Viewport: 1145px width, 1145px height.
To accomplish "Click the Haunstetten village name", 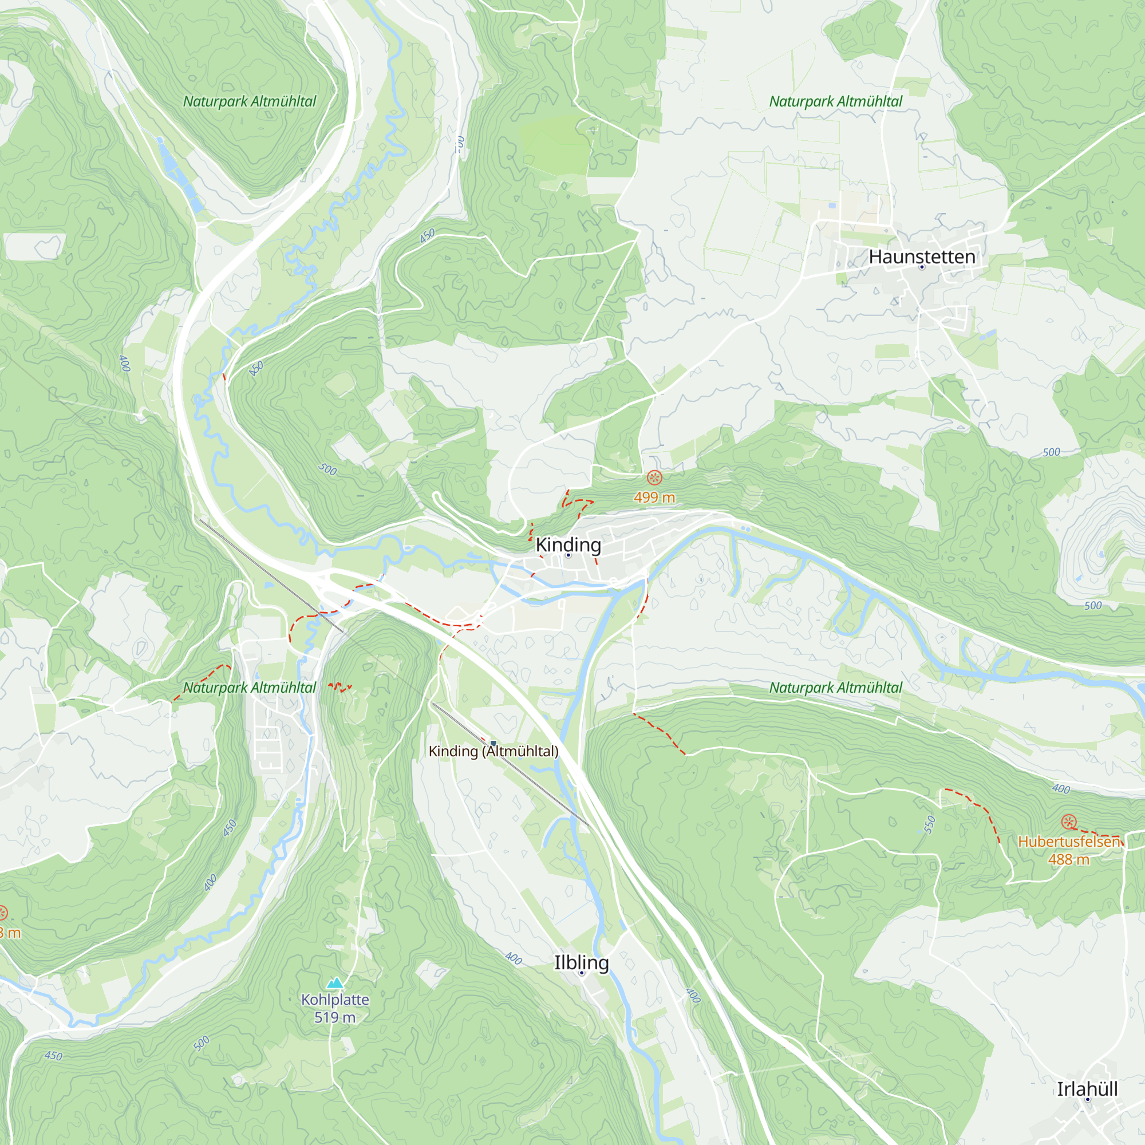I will pyautogui.click(x=922, y=256).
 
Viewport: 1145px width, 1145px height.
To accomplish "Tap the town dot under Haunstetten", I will pyautogui.click(x=922, y=267).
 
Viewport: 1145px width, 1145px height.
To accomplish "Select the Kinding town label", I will pyautogui.click(x=568, y=544).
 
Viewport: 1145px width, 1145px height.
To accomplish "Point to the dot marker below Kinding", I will pyautogui.click(x=568, y=555).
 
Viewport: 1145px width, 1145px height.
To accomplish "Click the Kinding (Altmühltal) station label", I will pyautogui.click(x=493, y=752).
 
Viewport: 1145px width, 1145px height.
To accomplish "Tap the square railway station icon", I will pyautogui.click(x=493, y=743).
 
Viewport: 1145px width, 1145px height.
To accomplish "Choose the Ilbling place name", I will pyautogui.click(x=582, y=962).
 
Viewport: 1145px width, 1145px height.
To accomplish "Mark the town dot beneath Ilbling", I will pyautogui.click(x=582, y=973).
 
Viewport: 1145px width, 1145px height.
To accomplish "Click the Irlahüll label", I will pyautogui.click(x=1087, y=1089).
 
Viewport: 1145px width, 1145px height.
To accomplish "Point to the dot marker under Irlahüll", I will pyautogui.click(x=1088, y=1099).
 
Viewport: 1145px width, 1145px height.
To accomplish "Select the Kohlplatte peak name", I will pyautogui.click(x=335, y=999).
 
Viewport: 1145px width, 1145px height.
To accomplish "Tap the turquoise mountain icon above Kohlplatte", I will pyautogui.click(x=335, y=983).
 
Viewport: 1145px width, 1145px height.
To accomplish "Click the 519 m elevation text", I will pyautogui.click(x=335, y=1017).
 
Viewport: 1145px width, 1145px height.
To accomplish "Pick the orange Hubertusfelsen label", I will pyautogui.click(x=1068, y=842).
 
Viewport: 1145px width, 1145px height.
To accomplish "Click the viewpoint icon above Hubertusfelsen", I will pyautogui.click(x=1068, y=822).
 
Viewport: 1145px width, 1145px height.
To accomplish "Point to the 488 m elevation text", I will pyautogui.click(x=1068, y=859).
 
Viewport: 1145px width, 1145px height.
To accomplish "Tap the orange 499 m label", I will pyautogui.click(x=654, y=498).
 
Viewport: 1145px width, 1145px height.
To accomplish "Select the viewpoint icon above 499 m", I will pyautogui.click(x=654, y=477).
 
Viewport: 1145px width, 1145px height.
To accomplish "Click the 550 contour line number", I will pyautogui.click(x=929, y=824).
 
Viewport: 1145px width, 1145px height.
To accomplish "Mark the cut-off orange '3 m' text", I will pyautogui.click(x=10, y=933).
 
